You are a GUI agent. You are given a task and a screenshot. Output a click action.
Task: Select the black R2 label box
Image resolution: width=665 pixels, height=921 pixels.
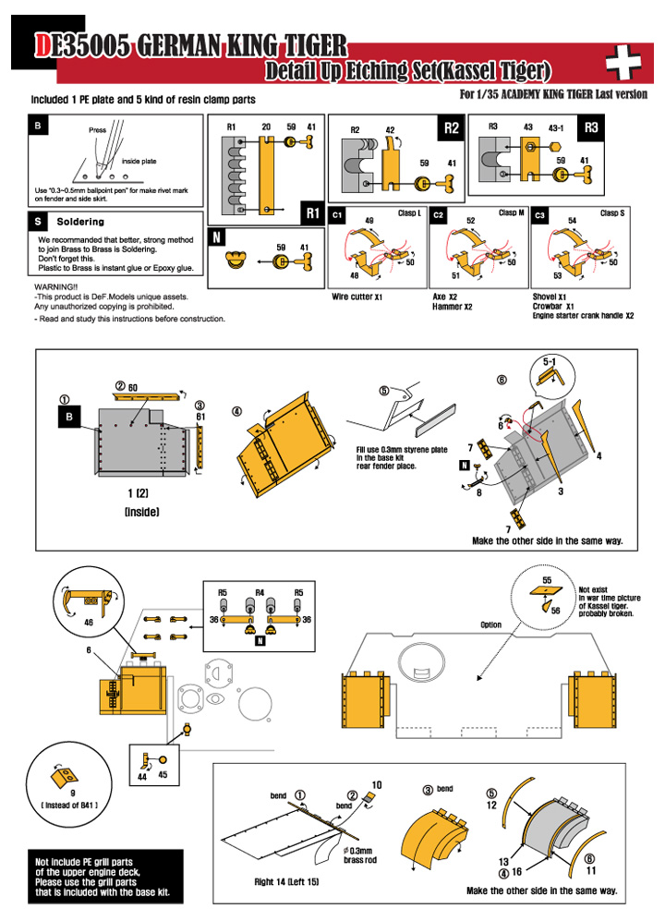click(451, 128)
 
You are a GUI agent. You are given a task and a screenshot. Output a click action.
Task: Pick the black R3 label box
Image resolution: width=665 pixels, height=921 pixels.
click(592, 128)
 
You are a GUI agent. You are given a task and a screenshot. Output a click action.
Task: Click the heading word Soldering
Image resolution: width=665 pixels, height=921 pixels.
click(80, 222)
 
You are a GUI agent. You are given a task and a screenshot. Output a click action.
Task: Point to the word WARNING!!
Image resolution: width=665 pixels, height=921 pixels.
click(54, 287)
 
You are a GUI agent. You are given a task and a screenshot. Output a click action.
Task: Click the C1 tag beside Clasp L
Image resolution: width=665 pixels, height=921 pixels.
click(338, 214)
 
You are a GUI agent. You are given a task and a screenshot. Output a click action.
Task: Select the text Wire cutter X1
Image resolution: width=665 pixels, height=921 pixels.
click(357, 297)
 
